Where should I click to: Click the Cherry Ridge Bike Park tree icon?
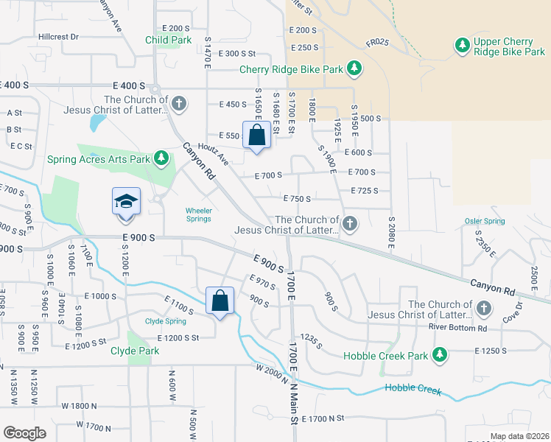pyautogui.click(x=355, y=69)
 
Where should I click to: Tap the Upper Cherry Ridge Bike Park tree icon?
pyautogui.click(x=463, y=46)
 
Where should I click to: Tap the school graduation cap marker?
pyautogui.click(x=126, y=201)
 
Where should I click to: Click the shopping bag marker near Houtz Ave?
pyautogui.click(x=256, y=136)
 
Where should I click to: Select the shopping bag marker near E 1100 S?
pyautogui.click(x=220, y=301)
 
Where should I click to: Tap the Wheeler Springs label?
pyautogui.click(x=198, y=214)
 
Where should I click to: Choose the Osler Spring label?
pyautogui.click(x=485, y=221)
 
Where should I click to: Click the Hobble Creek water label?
pyautogui.click(x=413, y=389)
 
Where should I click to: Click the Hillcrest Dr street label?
pyautogui.click(x=59, y=36)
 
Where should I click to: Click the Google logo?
pyautogui.click(x=24, y=432)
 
